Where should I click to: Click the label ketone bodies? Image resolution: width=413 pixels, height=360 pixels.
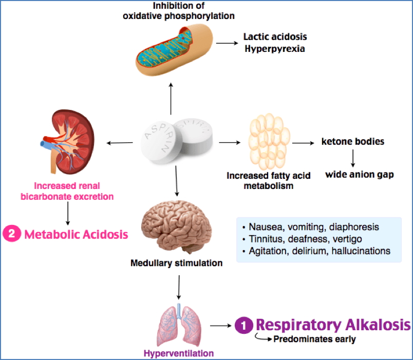pyautogui.click(x=352, y=141)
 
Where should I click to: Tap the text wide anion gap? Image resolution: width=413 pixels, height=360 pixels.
pyautogui.click(x=359, y=174)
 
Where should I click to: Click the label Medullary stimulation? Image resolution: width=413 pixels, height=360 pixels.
pyautogui.click(x=176, y=263)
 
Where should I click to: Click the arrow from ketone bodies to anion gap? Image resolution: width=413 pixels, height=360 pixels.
pyautogui.click(x=352, y=157)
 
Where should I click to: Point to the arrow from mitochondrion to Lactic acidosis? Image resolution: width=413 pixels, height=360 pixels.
pyautogui.click(x=224, y=43)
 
